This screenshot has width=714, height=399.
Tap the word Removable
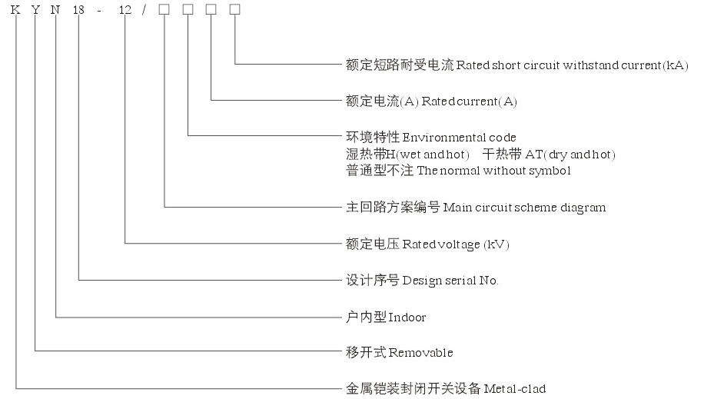pos(421,353)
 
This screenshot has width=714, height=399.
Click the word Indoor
pos(407,317)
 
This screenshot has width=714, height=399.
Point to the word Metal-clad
pos(514,389)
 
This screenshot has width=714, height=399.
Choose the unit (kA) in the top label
pos(676,65)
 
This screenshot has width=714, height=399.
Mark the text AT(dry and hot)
pos(570,155)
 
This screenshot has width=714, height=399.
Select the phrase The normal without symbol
pos(493,171)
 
